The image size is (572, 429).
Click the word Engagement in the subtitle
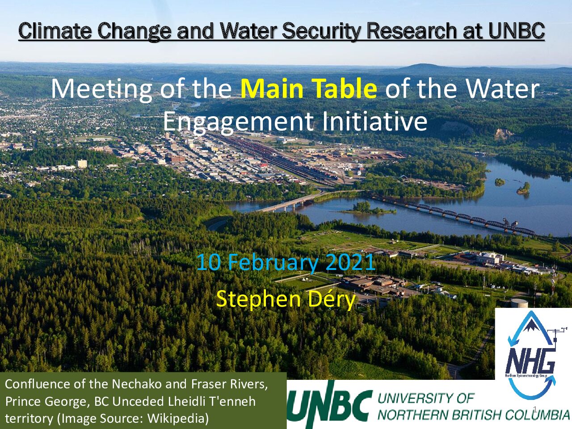click(239, 122)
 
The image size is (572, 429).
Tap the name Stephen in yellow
click(258, 300)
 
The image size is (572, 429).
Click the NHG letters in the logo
click(530, 362)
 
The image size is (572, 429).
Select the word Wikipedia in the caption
click(178, 419)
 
